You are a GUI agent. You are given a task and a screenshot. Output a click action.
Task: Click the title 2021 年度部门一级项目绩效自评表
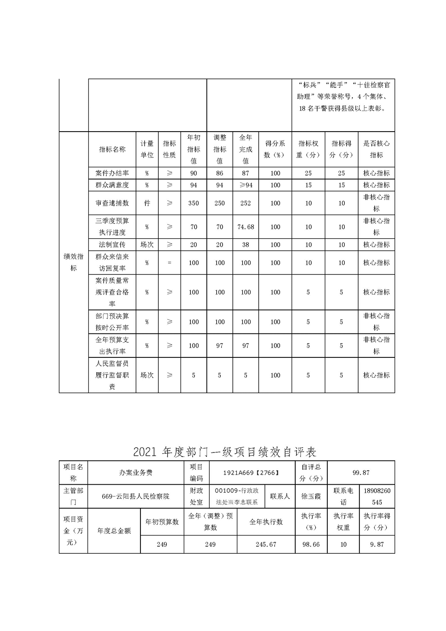(x=225, y=452)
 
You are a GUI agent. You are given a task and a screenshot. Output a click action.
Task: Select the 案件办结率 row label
(x=112, y=173)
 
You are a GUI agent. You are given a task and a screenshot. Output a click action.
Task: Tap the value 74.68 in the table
(x=246, y=227)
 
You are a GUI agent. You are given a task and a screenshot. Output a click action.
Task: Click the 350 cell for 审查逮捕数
(x=194, y=203)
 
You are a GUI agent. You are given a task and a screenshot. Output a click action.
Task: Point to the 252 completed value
(x=246, y=203)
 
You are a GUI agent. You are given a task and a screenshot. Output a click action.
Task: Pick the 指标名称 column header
(x=112, y=149)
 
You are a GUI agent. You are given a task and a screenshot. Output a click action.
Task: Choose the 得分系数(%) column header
(x=275, y=149)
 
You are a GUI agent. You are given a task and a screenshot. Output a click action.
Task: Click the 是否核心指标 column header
(x=376, y=149)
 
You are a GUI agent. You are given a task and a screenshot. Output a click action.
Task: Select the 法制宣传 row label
(x=112, y=245)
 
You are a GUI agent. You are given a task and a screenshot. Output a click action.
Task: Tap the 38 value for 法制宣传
(x=246, y=245)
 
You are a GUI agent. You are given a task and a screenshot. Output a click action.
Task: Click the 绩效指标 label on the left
(x=74, y=262)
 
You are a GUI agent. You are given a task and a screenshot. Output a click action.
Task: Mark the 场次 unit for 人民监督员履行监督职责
(x=147, y=375)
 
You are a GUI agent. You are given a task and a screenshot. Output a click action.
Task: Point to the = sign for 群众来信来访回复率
(x=169, y=263)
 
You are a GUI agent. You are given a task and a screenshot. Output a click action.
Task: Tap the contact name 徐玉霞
(x=311, y=496)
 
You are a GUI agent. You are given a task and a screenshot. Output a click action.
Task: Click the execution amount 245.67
(x=266, y=544)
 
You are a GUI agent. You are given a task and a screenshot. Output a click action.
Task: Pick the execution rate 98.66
(x=310, y=544)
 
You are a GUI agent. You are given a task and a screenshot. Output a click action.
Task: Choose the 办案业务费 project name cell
(x=136, y=473)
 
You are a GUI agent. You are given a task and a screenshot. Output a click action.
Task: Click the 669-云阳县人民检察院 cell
(x=136, y=496)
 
